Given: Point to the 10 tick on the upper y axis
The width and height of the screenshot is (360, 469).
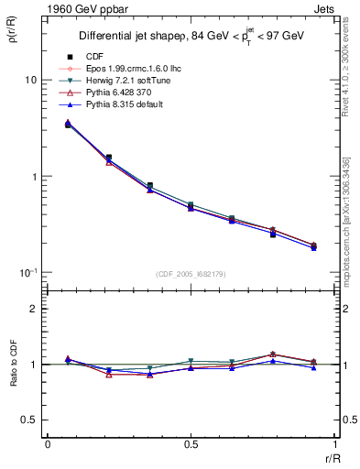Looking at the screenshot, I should tap(30, 81).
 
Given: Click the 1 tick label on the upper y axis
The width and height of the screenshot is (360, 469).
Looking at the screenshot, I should tap(33, 177).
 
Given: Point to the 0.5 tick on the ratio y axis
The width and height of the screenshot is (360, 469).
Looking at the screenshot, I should tap(28, 420).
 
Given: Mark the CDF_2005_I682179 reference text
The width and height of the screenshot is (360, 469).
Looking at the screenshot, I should tap(190, 274).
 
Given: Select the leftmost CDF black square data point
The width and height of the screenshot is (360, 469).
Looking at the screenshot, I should tap(68, 124).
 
